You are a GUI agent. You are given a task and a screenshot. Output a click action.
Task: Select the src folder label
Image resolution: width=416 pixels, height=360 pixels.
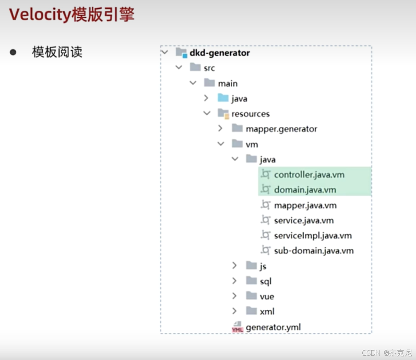pos(209,68)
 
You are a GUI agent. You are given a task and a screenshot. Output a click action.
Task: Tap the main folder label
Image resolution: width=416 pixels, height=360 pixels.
pos(228,83)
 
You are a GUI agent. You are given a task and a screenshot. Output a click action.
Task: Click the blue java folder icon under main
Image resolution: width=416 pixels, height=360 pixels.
pos(223,98)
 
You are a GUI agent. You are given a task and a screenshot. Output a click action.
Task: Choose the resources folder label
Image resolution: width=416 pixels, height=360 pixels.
pos(251,114)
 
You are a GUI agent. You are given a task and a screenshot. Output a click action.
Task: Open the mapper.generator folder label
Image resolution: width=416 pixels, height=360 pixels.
pos(281,129)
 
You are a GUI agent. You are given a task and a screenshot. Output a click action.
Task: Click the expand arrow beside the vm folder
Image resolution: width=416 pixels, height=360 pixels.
pos(221,143)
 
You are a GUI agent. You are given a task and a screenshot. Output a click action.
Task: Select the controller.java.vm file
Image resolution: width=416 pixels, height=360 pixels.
pos(309,175)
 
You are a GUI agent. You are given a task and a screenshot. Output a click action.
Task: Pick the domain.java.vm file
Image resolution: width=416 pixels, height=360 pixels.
pos(305,190)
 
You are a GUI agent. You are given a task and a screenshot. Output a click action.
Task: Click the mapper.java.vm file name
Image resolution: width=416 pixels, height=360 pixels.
pos(305,205)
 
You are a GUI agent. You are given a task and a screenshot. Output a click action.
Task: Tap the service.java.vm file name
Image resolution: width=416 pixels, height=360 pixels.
pos(304,220)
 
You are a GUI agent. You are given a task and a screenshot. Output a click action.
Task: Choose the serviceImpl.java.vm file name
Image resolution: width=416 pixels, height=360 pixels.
pos(313,235)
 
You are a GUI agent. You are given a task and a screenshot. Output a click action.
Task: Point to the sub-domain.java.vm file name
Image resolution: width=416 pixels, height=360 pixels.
pos(314,250)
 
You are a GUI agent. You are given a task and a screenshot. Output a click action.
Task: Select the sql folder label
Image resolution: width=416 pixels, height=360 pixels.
pos(266,281)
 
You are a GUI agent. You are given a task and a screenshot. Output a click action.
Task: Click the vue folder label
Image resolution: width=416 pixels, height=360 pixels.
pos(267,296)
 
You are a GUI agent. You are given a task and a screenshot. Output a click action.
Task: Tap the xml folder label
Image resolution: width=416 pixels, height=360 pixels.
pos(267,311)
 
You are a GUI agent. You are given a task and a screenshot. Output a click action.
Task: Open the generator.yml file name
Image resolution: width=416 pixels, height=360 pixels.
pos(273,327)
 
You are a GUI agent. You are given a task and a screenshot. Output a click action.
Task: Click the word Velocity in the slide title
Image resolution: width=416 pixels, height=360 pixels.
pos(40,15)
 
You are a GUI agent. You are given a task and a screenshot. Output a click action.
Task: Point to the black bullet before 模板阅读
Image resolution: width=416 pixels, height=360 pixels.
pos(13,52)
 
